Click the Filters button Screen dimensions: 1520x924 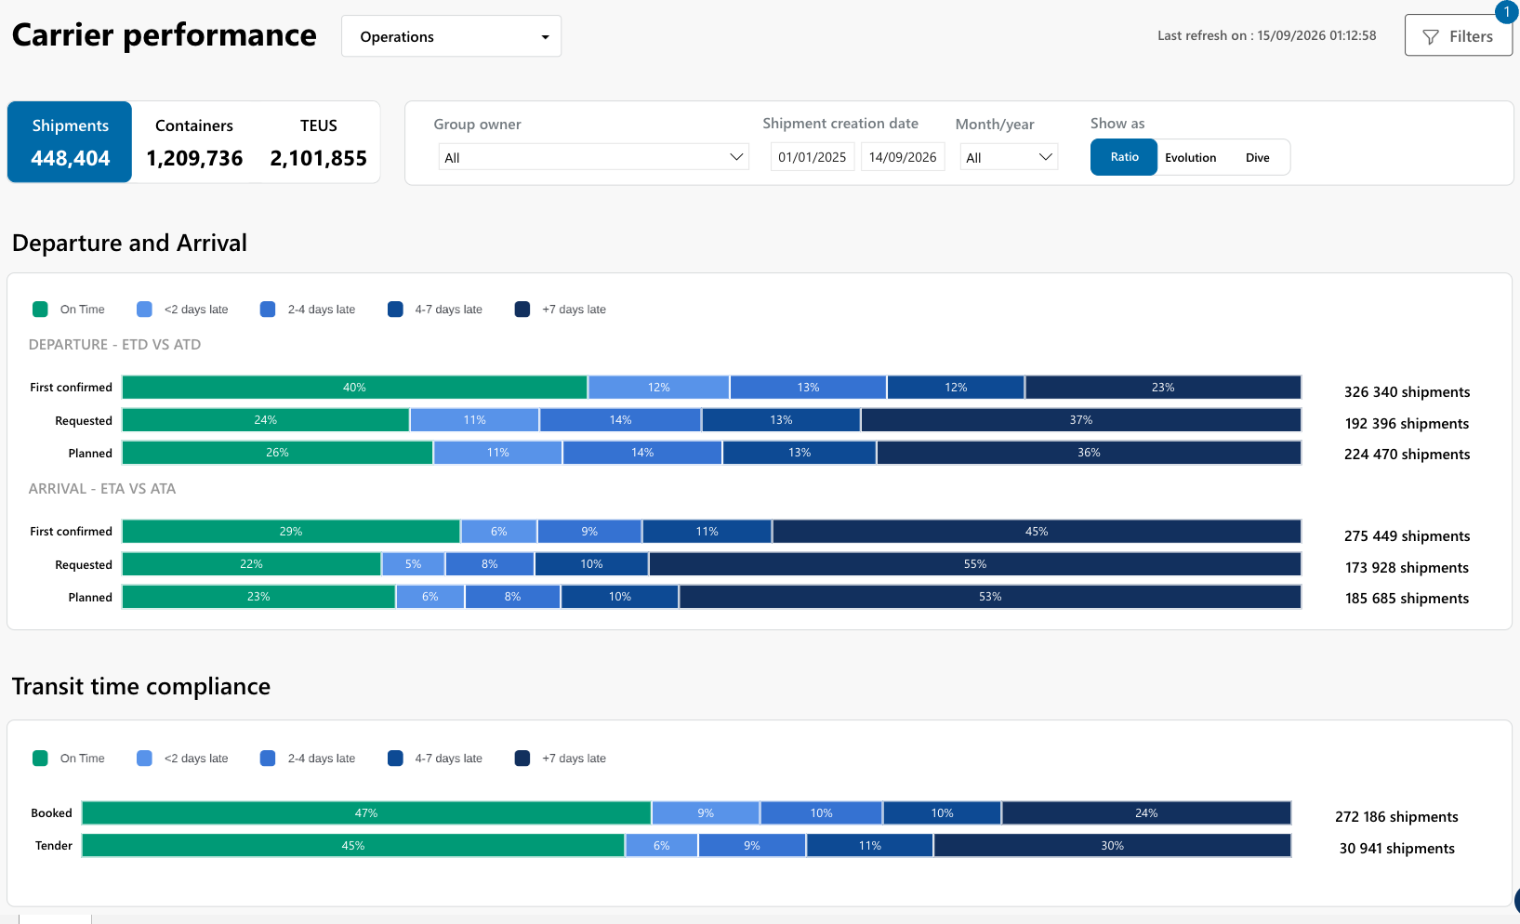point(1458,36)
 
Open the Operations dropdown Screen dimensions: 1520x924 point(451,36)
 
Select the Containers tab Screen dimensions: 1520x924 point(194,142)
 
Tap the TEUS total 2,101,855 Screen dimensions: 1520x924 point(318,158)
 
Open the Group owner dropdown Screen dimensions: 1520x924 point(593,157)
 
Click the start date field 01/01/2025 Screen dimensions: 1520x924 point(813,157)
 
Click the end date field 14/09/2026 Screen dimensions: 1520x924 point(903,157)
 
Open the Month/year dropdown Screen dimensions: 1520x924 point(1009,157)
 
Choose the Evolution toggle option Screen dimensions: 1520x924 point(1190,157)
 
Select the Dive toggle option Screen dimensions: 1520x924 point(1258,157)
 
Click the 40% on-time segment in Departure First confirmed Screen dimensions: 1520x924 point(354,388)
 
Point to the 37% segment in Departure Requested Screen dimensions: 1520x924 point(1081,420)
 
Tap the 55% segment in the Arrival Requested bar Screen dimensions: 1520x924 point(975,563)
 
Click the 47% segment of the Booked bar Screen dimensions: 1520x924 point(366,812)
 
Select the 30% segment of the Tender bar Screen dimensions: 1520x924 point(1112,845)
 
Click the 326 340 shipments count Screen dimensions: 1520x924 point(1407,392)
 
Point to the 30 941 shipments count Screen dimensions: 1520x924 point(1396,848)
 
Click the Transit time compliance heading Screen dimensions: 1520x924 point(141,686)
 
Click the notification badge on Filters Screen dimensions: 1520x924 point(1506,11)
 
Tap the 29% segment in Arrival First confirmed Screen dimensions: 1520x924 point(290,531)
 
